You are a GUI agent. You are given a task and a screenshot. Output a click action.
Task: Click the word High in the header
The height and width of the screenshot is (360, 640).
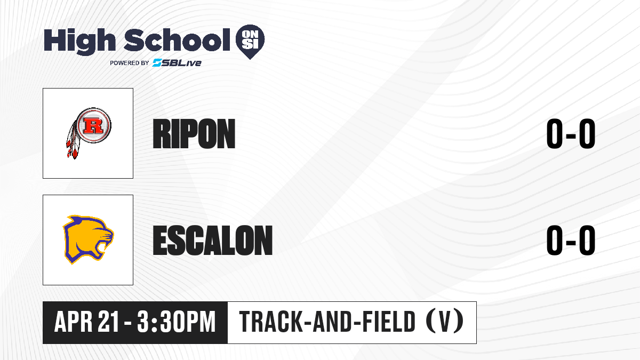(x=79, y=42)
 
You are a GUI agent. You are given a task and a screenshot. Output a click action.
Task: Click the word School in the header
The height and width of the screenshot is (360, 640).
(x=177, y=40)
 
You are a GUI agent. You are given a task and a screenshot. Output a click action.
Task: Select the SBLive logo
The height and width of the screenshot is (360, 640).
(x=177, y=62)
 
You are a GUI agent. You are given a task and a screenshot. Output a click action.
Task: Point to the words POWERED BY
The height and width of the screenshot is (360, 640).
(x=130, y=63)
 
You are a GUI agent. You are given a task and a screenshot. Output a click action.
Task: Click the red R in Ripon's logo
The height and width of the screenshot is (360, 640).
(x=93, y=125)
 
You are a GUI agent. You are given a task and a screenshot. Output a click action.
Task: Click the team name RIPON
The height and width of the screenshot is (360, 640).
(x=194, y=134)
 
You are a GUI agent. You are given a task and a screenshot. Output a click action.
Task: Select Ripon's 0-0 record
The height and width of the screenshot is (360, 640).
(x=571, y=133)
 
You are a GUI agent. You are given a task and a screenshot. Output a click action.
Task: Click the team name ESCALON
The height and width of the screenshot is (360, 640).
(x=213, y=241)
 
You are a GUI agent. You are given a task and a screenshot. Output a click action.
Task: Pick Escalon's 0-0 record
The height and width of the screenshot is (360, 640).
(x=571, y=240)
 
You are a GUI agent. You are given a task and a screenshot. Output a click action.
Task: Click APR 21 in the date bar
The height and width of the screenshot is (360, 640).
(x=86, y=322)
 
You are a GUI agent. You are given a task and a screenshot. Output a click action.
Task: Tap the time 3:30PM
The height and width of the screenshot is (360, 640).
(x=176, y=322)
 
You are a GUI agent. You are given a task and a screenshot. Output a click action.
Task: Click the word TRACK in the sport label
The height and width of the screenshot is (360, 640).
(x=270, y=322)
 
